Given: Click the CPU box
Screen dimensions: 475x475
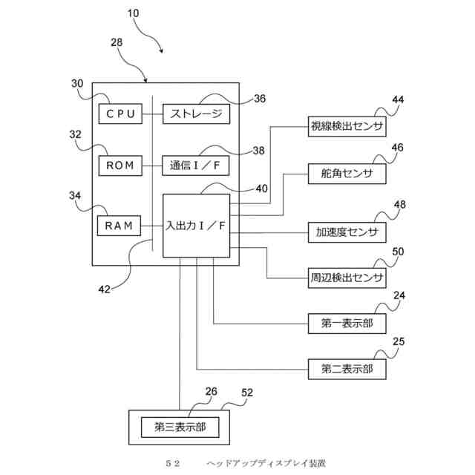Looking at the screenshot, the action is (120, 114).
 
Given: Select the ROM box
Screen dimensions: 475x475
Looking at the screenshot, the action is (120, 166).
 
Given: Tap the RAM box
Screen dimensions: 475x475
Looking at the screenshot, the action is (119, 226).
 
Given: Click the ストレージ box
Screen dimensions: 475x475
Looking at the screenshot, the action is (196, 114).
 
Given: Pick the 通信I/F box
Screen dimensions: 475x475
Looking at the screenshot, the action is (196, 166).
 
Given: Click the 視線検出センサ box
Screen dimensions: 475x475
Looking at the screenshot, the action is (347, 126).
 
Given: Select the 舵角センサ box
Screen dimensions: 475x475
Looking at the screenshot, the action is (347, 174).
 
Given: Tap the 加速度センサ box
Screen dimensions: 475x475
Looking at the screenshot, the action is (347, 232).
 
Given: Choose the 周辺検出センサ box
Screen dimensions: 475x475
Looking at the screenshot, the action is (347, 278).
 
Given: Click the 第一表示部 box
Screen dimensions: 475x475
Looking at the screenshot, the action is (347, 324).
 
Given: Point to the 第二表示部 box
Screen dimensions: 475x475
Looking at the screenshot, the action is (347, 369).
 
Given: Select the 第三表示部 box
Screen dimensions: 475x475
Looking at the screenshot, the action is (180, 427).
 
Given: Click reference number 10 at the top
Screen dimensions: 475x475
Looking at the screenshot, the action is (133, 13).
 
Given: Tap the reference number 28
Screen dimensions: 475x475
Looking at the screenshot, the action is (117, 42).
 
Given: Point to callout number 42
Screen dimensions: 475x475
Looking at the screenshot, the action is (105, 289).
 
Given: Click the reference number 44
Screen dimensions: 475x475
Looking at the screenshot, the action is (398, 99).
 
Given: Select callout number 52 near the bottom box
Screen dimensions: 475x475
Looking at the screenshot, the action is (247, 393).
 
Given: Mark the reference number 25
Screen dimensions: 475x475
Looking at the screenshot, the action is (399, 341).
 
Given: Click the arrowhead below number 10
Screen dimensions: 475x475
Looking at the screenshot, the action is (162, 51).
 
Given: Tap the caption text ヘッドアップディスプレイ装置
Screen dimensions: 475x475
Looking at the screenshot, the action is (266, 463).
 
